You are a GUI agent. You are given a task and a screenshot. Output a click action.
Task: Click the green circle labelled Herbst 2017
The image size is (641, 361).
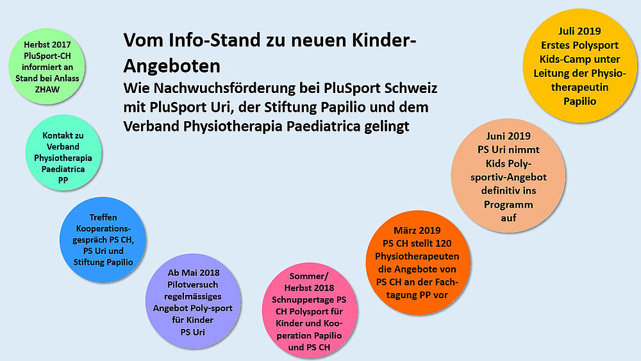47,66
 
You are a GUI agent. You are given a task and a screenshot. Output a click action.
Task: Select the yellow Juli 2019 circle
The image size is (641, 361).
579,65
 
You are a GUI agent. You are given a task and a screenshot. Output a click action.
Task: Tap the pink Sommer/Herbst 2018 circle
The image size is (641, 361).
310,310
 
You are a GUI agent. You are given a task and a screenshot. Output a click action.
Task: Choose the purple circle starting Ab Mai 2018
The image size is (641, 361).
193,301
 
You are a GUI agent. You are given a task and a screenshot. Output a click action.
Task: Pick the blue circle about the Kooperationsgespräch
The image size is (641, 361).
103,240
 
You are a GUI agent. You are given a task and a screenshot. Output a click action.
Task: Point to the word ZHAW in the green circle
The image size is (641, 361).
47,90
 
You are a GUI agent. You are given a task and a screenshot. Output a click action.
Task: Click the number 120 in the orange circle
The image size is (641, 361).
443,243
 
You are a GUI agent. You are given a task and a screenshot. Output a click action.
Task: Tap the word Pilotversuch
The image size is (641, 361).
192,285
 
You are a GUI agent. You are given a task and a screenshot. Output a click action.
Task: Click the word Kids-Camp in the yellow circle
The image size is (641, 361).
560,59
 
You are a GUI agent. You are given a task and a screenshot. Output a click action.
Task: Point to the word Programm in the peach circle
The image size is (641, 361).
508,205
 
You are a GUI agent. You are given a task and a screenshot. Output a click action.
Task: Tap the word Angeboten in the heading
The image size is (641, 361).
172,66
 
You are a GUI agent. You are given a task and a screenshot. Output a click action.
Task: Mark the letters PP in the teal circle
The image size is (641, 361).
63,180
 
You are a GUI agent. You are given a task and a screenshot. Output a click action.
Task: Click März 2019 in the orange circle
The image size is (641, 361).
417,230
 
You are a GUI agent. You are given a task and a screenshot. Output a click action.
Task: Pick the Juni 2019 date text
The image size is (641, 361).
508,136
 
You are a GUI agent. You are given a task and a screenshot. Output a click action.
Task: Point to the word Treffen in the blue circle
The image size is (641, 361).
103,217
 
